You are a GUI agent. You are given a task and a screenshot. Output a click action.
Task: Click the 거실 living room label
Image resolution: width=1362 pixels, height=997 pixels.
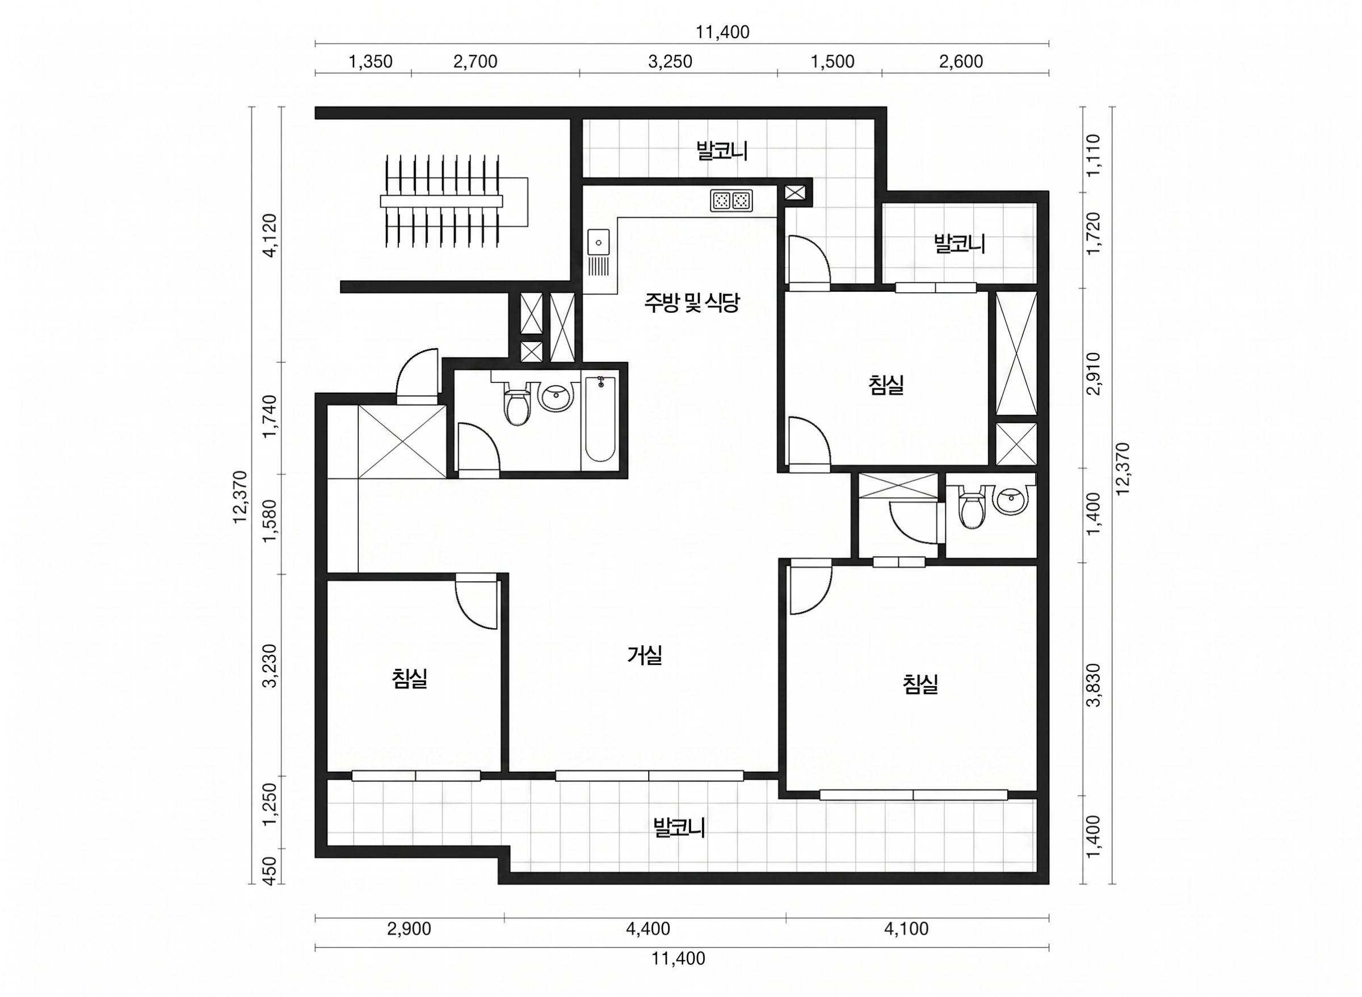click(x=645, y=655)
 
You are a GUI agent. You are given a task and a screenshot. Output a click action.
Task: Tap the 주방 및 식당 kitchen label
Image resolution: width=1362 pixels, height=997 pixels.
click(x=691, y=302)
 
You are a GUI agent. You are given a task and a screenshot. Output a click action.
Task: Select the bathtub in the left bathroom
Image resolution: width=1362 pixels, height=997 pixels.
click(x=600, y=419)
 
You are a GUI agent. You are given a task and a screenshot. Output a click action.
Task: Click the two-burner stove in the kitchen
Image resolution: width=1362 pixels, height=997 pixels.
click(x=732, y=200)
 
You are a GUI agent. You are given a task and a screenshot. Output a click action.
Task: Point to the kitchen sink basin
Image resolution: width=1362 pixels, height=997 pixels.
click(x=599, y=243)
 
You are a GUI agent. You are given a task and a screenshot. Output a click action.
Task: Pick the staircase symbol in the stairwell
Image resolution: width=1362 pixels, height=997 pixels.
click(x=454, y=201)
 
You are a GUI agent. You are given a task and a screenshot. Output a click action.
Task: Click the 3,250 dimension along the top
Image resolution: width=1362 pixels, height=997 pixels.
click(x=670, y=61)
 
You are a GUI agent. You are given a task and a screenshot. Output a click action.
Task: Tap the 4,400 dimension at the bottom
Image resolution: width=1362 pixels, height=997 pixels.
click(x=648, y=929)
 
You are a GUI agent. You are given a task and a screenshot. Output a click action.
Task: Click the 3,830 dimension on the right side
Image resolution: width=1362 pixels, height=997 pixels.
click(x=1093, y=684)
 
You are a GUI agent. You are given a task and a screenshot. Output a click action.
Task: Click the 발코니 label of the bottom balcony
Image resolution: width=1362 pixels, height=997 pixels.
click(x=679, y=827)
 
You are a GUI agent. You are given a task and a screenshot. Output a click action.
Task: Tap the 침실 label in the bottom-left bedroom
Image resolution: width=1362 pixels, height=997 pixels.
click(x=409, y=678)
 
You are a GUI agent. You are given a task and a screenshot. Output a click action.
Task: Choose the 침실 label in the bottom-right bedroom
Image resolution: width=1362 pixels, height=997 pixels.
click(x=920, y=684)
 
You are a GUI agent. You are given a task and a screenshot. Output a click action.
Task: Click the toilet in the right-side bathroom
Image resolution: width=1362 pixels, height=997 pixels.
click(x=971, y=509)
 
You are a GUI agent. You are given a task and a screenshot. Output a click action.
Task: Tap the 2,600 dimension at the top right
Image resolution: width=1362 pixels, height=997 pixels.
click(x=961, y=61)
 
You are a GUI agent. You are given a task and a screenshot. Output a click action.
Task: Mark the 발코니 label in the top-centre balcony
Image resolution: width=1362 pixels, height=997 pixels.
click(x=722, y=151)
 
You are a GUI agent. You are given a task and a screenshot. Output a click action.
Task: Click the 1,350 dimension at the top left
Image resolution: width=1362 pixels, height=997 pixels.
click(x=371, y=61)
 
